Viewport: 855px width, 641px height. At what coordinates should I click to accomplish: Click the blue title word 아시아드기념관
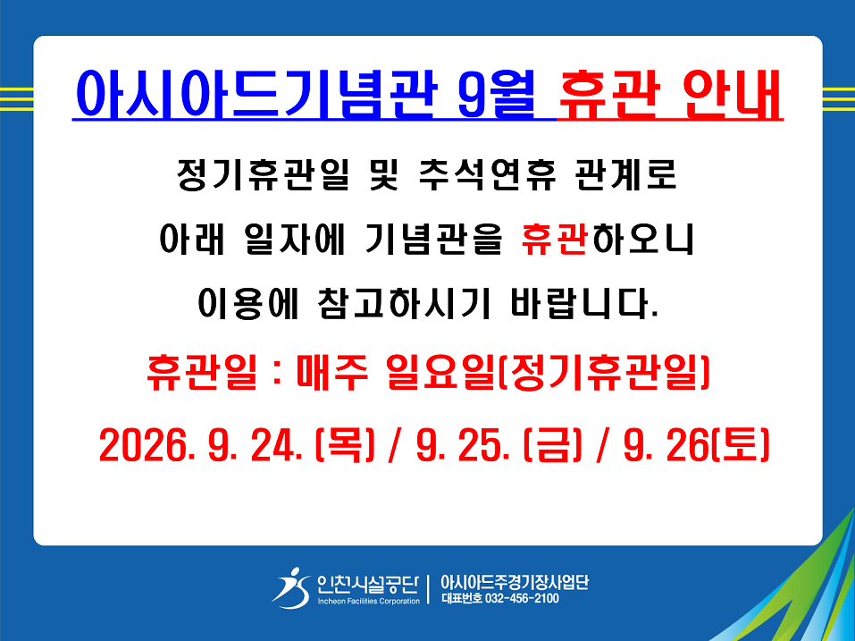[x=256, y=93]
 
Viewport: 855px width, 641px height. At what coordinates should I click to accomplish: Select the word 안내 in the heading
[x=732, y=93]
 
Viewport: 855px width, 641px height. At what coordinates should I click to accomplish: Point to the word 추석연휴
[x=487, y=175]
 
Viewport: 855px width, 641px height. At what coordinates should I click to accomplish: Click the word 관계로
[x=625, y=175]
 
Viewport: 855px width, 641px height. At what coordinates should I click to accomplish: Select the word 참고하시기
[x=404, y=303]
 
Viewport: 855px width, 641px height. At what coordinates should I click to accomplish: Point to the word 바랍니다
[x=584, y=303]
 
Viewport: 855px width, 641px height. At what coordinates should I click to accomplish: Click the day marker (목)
[x=345, y=445]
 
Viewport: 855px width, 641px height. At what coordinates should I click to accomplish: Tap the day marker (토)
[x=741, y=445]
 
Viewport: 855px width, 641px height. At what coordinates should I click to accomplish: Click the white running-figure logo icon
[x=291, y=588]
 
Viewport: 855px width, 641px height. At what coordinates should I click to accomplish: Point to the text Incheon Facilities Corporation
[x=369, y=601]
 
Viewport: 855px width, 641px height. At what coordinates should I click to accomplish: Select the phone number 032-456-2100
[x=522, y=598]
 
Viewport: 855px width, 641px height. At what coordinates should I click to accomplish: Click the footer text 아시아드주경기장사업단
[x=515, y=582]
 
